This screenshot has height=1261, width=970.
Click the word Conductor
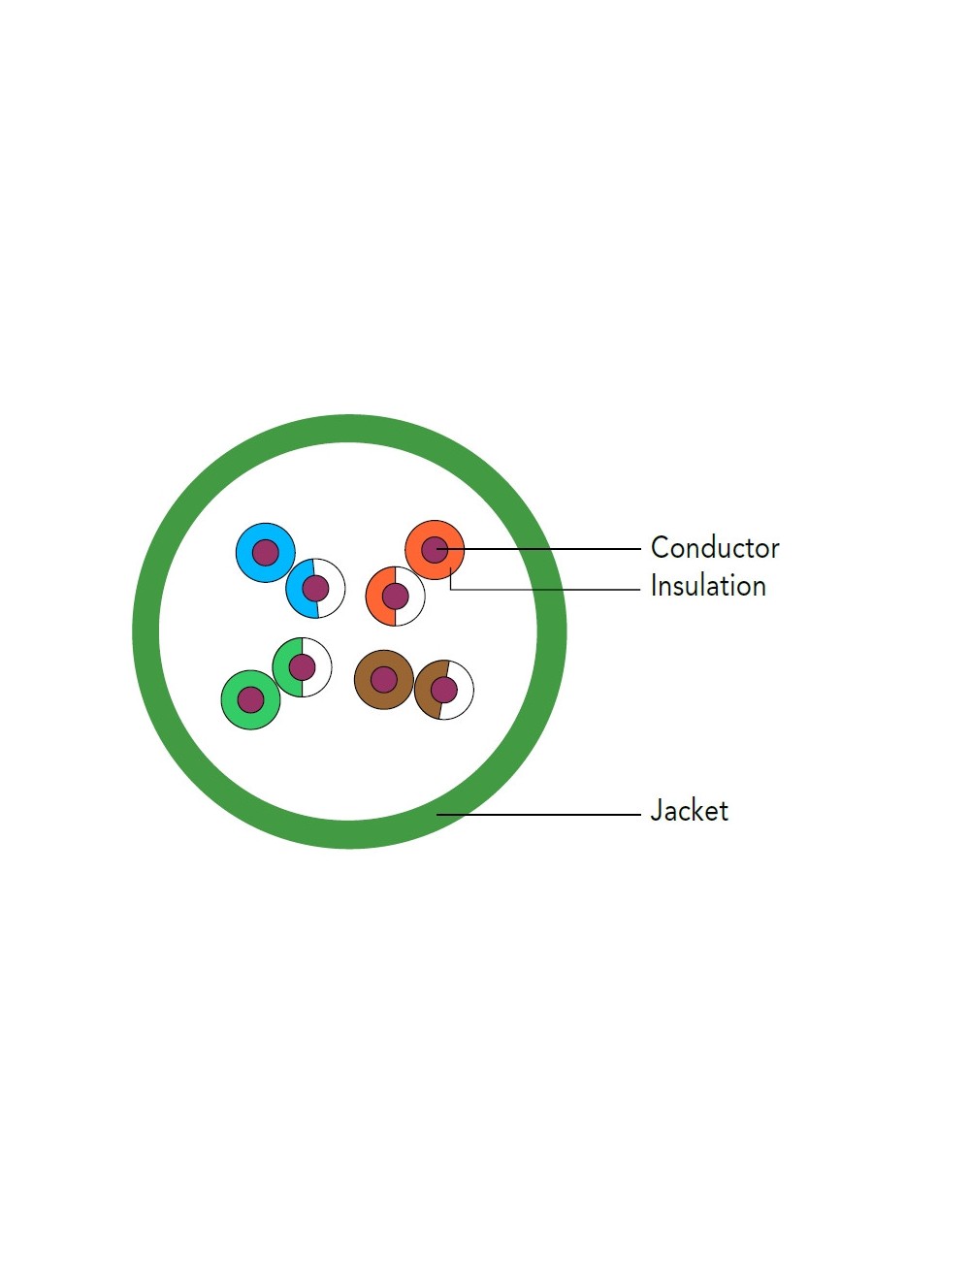click(x=714, y=548)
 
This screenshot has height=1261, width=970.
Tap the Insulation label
click(x=708, y=586)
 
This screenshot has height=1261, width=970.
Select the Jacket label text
click(x=689, y=810)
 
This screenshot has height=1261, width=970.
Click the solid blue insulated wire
click(x=265, y=553)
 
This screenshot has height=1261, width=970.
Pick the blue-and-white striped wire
click(x=315, y=588)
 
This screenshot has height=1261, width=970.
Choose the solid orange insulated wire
click(x=434, y=550)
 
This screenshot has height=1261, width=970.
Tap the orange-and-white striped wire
click(x=395, y=596)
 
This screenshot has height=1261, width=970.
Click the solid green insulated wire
click(x=250, y=699)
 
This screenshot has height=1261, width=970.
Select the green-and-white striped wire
click(x=302, y=667)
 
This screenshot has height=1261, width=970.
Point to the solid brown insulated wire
click(x=383, y=680)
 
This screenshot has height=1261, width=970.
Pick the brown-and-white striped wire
click(x=444, y=690)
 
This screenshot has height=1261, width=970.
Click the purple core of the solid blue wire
click(x=265, y=553)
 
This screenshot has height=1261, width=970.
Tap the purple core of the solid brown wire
click(x=383, y=680)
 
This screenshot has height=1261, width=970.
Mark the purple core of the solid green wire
click(x=250, y=699)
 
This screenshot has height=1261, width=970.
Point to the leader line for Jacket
click(x=538, y=814)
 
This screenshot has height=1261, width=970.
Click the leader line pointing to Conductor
click(x=538, y=548)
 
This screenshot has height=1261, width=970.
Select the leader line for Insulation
click(x=545, y=589)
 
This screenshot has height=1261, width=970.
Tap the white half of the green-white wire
click(x=321, y=667)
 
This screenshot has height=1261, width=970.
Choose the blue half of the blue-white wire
click(x=294, y=588)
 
